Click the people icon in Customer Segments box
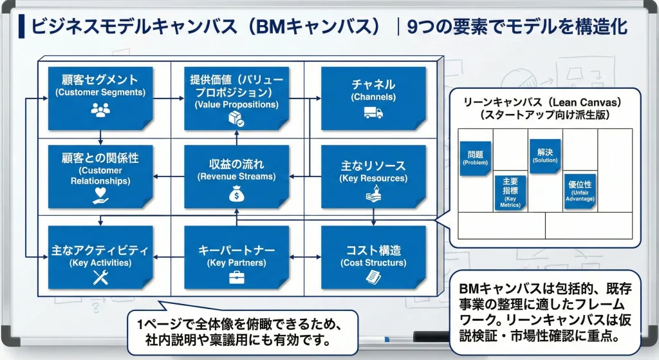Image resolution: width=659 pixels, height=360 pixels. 100,111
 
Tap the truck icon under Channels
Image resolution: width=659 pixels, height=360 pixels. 373,113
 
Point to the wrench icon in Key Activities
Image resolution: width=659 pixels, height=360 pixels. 101,277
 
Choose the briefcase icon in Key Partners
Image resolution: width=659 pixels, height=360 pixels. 236,277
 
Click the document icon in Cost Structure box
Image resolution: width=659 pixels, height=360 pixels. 373,277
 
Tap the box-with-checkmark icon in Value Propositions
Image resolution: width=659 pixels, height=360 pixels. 236,118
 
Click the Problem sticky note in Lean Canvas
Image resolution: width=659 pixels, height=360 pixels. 476,158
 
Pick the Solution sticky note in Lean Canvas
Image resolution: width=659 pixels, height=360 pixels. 544,155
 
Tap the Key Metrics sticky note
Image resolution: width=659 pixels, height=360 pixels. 510,193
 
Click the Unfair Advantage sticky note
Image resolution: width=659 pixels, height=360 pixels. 579,191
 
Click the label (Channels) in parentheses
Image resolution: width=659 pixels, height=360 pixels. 373,97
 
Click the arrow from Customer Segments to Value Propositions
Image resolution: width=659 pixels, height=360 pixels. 169,98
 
